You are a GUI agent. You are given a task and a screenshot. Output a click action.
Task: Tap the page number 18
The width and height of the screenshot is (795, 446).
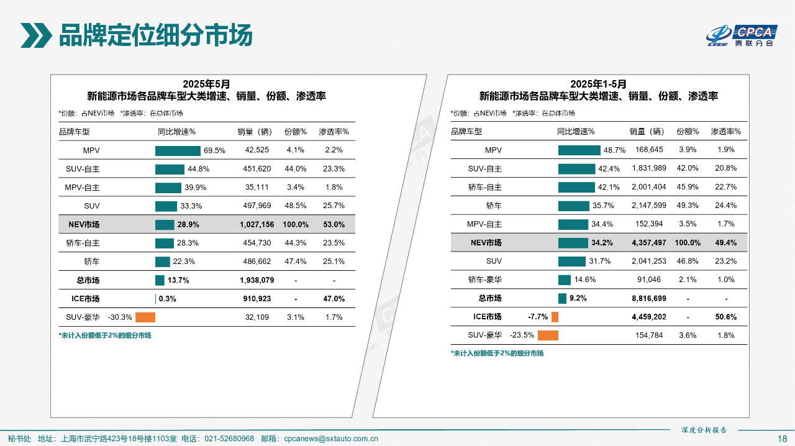(x=783, y=439)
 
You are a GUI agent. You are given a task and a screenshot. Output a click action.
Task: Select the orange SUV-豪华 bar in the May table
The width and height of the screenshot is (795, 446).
(x=145, y=317)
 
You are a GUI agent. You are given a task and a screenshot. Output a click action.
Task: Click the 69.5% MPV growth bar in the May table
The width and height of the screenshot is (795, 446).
(x=178, y=150)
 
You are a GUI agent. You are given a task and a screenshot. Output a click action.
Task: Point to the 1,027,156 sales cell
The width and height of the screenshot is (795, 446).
(x=257, y=224)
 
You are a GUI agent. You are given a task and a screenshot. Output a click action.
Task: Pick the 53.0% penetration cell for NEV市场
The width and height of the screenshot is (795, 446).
(x=334, y=224)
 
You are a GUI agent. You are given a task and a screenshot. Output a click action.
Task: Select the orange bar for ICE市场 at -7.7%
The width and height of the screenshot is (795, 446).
(x=555, y=317)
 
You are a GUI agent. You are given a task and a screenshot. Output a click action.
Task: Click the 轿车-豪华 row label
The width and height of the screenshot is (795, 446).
(x=485, y=280)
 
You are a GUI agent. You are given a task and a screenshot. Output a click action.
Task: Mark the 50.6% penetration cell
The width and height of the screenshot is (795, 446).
(x=725, y=317)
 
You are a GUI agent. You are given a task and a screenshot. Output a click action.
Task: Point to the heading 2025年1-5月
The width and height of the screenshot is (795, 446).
(x=598, y=84)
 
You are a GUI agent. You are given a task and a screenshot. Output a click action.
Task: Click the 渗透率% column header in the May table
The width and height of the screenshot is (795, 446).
(x=334, y=132)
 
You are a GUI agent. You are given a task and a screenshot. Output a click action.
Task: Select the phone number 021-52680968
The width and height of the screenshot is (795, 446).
(x=229, y=439)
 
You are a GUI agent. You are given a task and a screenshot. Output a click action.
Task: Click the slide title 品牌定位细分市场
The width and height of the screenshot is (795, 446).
(x=155, y=35)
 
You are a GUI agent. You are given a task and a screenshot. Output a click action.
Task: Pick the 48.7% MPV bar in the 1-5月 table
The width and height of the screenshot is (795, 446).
(x=579, y=150)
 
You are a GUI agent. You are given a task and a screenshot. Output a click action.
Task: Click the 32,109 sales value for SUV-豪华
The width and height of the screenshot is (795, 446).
(x=257, y=317)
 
